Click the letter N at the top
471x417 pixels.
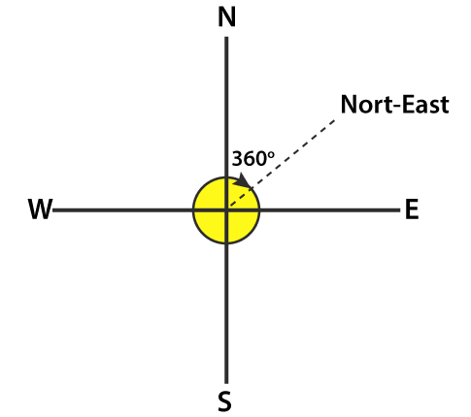pos(226,16)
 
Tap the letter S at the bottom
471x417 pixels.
pos(224,401)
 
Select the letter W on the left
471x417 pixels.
pos(40,209)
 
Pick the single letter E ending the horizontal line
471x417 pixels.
pos(412,209)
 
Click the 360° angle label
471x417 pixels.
pos(253,158)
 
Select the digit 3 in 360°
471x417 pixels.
pos(238,159)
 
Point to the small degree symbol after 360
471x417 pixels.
pos(271,154)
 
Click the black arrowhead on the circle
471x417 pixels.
pos(244,180)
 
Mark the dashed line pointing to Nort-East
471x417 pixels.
pos(282,163)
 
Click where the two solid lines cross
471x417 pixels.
pos(226,210)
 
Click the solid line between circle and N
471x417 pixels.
pos(226,107)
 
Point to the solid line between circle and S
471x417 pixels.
pos(226,313)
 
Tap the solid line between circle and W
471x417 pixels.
pos(122,210)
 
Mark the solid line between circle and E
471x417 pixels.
pos(330,210)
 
